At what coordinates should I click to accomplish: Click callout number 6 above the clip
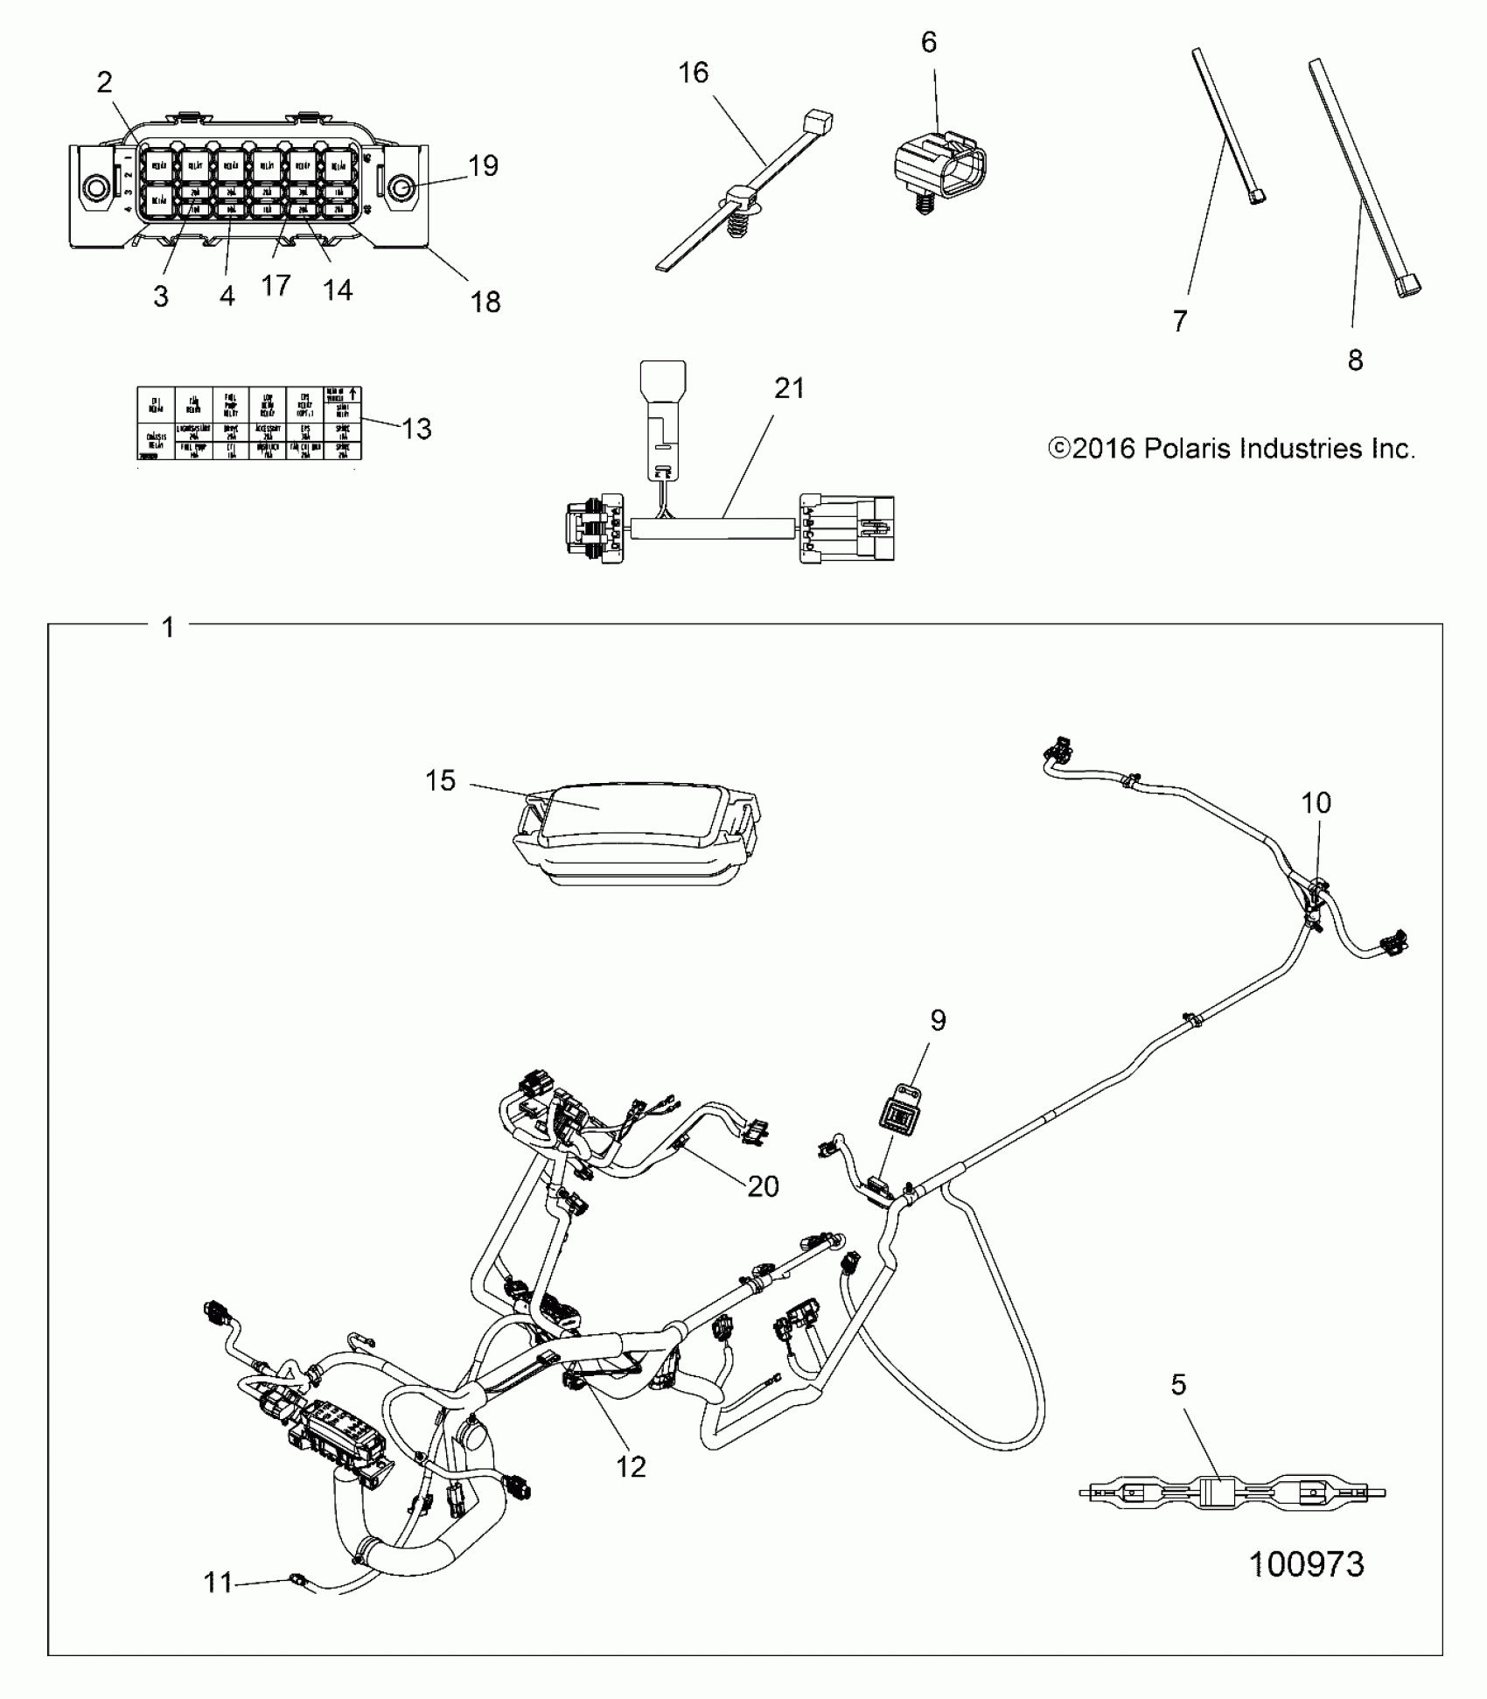929,42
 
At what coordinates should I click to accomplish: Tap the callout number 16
693,73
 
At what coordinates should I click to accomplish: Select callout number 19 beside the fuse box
483,165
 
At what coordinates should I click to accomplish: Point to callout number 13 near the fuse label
417,429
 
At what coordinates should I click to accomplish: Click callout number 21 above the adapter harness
789,388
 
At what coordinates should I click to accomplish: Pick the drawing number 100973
1307,1563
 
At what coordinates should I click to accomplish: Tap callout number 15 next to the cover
441,780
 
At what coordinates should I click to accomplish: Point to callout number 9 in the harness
938,1020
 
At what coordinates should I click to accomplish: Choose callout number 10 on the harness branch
1316,802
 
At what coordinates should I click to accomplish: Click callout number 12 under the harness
631,1466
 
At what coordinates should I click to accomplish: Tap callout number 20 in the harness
763,1186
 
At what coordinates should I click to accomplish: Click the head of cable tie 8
1409,285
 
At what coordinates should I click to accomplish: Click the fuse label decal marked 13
249,423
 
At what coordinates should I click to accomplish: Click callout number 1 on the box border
168,627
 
